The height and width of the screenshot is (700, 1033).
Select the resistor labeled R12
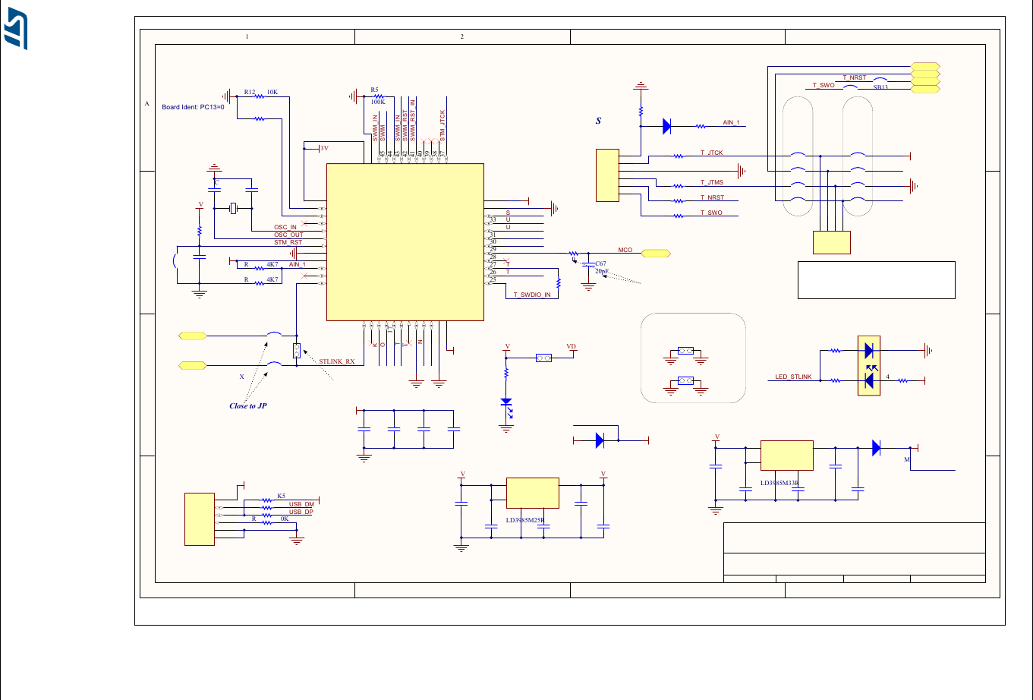260,96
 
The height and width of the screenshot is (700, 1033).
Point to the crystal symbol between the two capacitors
234,208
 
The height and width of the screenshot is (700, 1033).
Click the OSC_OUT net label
288,235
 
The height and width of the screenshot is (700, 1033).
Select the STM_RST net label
288,242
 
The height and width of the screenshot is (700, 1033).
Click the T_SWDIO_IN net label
532,295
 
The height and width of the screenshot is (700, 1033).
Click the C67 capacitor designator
600,263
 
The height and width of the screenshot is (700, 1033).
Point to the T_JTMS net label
711,182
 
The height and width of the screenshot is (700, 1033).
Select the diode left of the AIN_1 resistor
666,127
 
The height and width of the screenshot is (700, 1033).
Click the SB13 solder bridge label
880,87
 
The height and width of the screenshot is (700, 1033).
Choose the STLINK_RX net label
337,361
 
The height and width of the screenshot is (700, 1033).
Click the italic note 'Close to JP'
248,405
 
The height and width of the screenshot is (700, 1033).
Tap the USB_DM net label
301,504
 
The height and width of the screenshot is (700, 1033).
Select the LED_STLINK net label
793,377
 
